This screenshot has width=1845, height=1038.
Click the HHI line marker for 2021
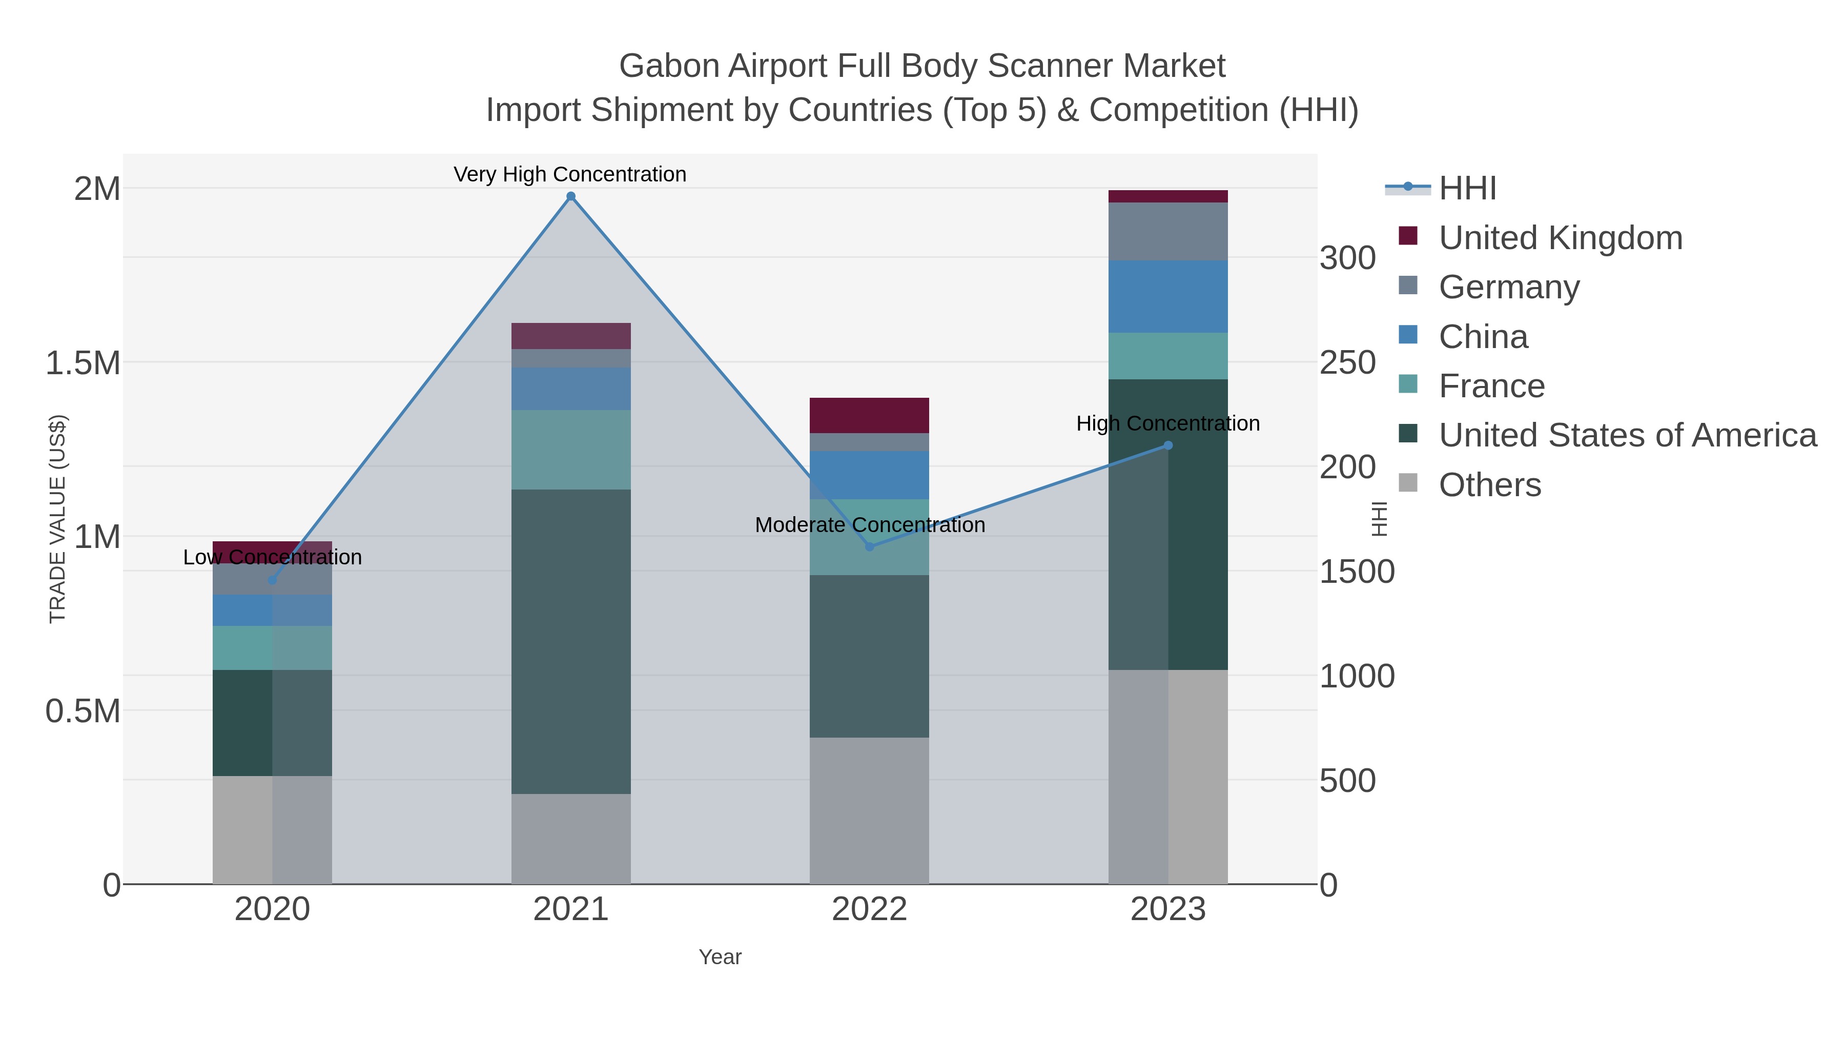point(571,196)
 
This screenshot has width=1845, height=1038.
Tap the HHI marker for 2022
point(870,546)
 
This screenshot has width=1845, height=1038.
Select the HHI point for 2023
point(1168,445)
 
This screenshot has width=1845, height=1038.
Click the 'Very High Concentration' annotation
point(569,175)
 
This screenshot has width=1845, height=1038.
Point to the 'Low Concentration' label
point(272,557)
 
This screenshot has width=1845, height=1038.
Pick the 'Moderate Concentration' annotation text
point(870,525)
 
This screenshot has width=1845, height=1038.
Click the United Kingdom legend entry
point(1560,238)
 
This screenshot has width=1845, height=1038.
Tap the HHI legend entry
point(1467,189)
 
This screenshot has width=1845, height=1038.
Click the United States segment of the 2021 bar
point(571,641)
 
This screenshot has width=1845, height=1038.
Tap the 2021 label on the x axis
point(571,910)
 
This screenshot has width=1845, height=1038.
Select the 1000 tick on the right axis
point(1357,676)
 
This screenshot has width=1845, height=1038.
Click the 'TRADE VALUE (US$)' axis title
point(57,519)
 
